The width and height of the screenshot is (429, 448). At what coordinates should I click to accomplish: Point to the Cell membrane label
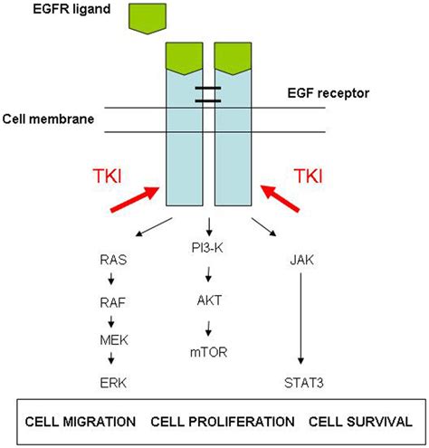pos(52,119)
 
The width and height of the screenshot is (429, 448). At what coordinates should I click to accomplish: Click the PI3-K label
pos(211,259)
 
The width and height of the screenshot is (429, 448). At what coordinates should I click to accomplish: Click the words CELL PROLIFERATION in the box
pos(223,421)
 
